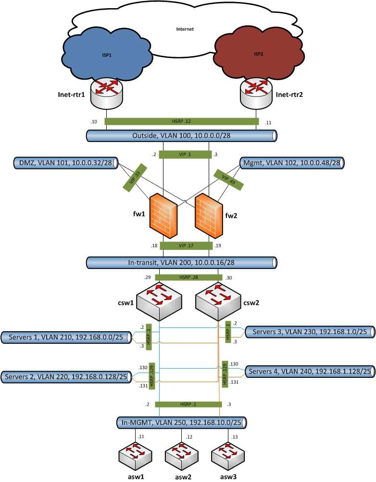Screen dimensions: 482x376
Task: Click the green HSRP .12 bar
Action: [181, 121]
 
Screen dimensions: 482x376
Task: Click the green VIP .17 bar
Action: [186, 246]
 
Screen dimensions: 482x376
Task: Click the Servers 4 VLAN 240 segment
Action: [310, 372]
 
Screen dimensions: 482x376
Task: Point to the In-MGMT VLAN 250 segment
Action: [182, 422]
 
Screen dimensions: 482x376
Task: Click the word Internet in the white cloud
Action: [185, 29]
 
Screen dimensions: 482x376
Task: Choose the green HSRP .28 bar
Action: [188, 277]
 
